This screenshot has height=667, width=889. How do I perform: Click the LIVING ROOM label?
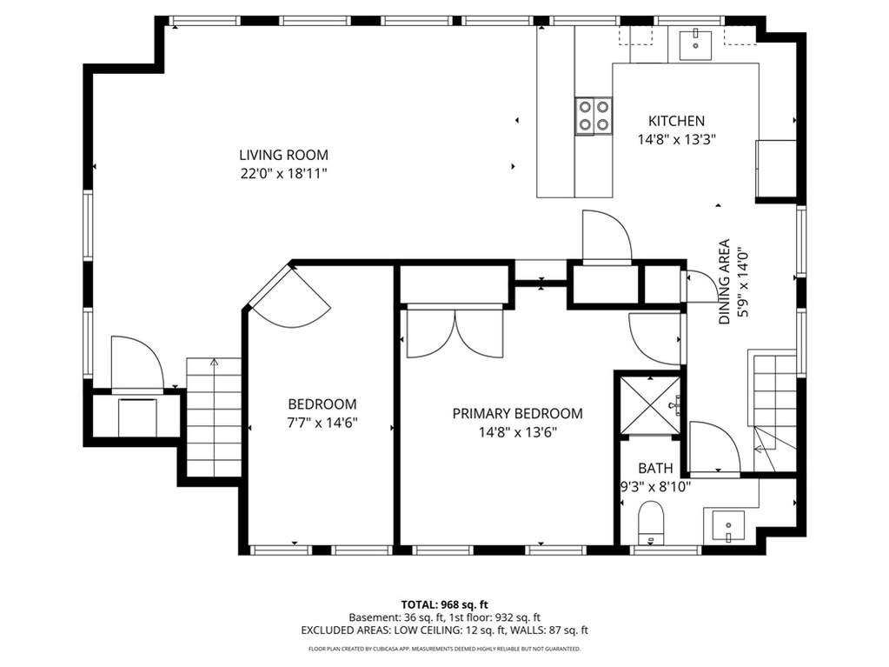[283, 155]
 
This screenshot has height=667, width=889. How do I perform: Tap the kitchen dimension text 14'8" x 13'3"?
[676, 139]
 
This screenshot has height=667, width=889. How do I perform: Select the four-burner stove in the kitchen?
[594, 116]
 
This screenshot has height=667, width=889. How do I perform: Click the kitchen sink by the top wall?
[696, 44]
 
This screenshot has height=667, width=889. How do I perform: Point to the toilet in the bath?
[650, 522]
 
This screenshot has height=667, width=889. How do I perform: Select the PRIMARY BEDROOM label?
[517, 413]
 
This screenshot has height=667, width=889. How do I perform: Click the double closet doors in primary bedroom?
[454, 334]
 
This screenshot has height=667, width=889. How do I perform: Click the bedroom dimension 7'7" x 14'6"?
[322, 423]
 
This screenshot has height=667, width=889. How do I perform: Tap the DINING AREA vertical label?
[725, 282]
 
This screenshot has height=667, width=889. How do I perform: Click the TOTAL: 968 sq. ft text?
[445, 604]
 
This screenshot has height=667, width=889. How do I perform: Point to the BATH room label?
[655, 468]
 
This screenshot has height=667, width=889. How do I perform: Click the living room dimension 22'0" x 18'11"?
[284, 174]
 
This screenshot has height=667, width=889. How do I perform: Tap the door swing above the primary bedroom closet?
[607, 236]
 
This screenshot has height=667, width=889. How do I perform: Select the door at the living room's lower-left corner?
[138, 363]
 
